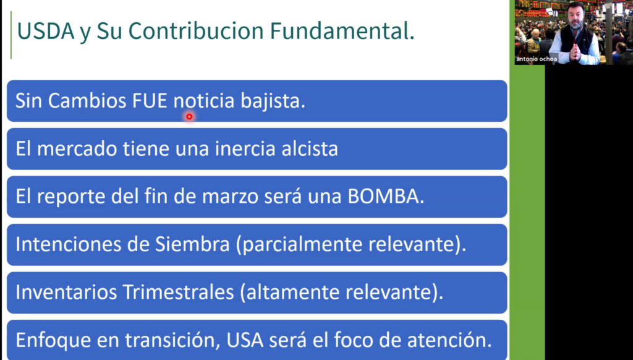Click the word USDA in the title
tap(46, 31)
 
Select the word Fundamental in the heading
tap(342, 31)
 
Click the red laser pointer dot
tap(189, 117)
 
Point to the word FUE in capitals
tap(150, 101)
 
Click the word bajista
tap(273, 101)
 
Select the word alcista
tap(310, 148)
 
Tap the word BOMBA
tap(386, 196)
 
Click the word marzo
tap(230, 197)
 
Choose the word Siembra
tap(192, 244)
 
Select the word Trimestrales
tap(178, 292)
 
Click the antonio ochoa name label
tap(537, 59)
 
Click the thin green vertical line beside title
tap(11, 35)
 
